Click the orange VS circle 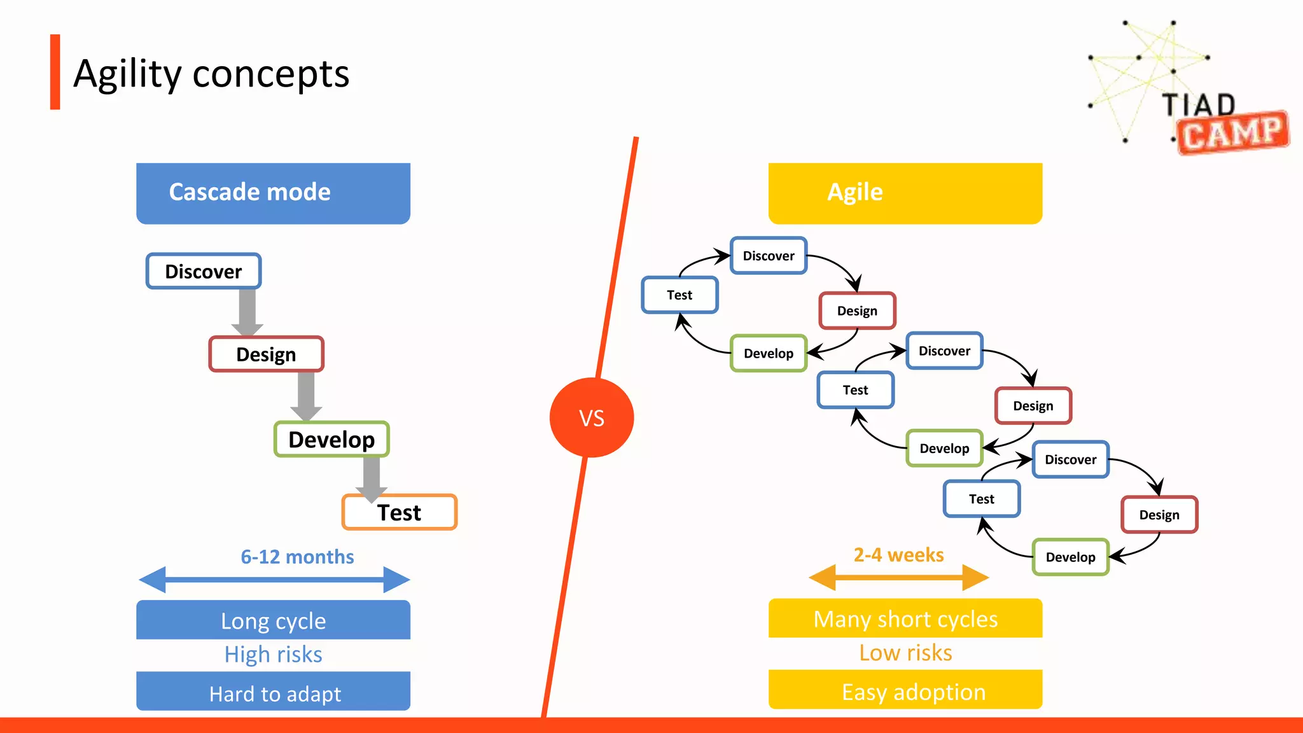click(x=591, y=417)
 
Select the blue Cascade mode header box click(x=273, y=193)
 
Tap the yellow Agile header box click(x=905, y=193)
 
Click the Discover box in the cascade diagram click(x=203, y=272)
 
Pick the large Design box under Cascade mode click(x=266, y=354)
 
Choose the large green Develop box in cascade click(x=331, y=440)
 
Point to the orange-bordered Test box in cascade click(x=400, y=513)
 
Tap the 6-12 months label click(x=297, y=557)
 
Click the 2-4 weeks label click(x=898, y=555)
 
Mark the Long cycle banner click(x=273, y=620)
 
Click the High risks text click(x=273, y=655)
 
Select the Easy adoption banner click(x=905, y=691)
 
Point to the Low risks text click(x=905, y=653)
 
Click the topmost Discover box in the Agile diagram click(x=769, y=256)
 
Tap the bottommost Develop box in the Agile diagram click(x=1070, y=557)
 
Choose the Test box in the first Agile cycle click(x=679, y=295)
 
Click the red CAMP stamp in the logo click(x=1232, y=133)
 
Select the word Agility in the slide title click(x=127, y=74)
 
